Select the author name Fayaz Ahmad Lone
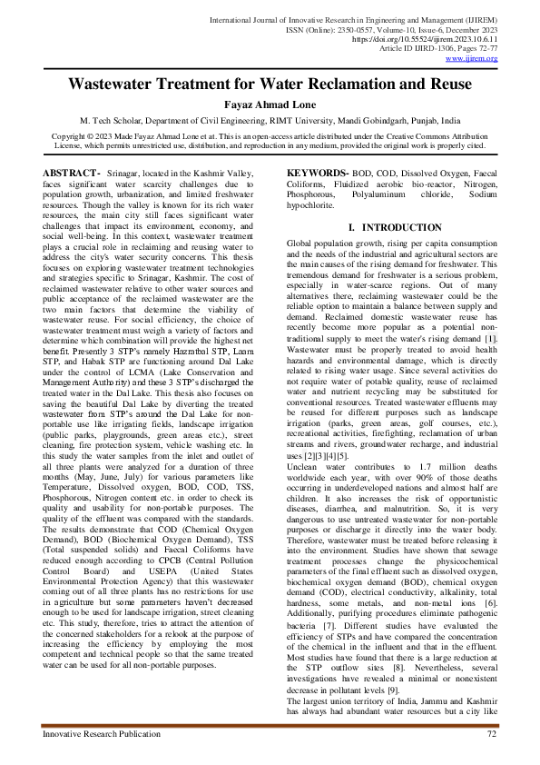270,104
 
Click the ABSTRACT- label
71,173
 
